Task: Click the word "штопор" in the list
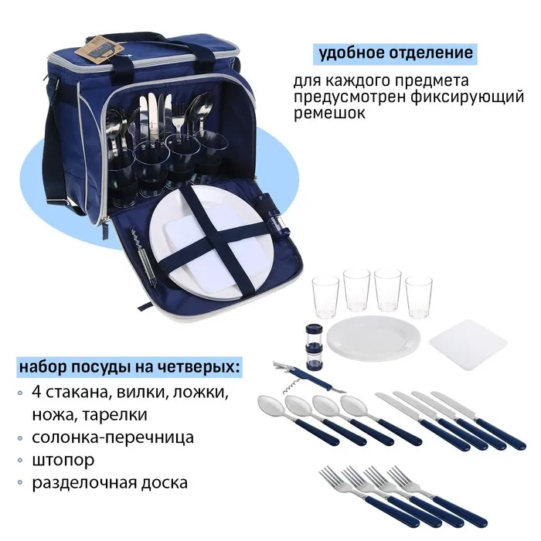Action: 63,461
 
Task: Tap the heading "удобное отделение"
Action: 396,53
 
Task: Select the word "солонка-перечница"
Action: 113,437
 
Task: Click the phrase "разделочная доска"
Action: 110,483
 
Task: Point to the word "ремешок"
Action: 329,113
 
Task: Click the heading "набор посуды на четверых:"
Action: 129,367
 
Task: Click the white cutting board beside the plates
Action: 468,345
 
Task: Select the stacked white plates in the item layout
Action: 373,338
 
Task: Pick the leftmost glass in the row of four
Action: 325,297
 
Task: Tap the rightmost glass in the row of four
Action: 419,297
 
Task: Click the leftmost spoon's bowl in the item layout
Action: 271,405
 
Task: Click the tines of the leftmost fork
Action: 330,475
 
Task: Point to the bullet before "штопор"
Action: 20,461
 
